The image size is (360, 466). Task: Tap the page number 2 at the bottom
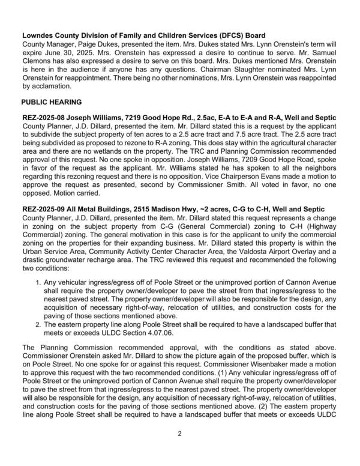coord(179,450)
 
